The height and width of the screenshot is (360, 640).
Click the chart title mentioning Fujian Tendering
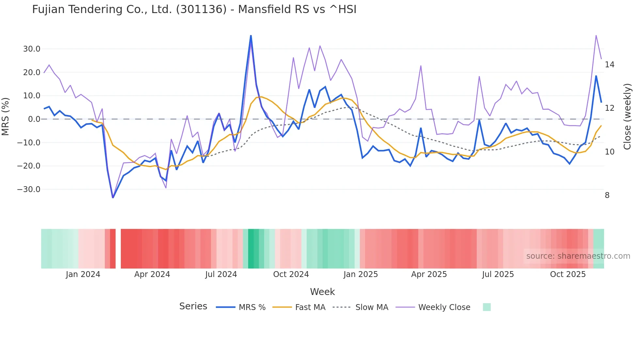coord(194,9)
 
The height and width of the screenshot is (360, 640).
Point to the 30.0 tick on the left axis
coord(31,49)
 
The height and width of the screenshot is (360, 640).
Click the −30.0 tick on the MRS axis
coord(29,189)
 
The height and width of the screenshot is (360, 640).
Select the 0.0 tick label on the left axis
coord(34,119)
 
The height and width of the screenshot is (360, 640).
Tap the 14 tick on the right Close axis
coord(609,65)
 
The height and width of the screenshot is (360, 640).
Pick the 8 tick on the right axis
coord(607,195)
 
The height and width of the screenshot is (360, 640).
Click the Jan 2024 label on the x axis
coord(83,274)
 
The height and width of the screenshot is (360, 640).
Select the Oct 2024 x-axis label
coord(291,274)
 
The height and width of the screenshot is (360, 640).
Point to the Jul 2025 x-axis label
coord(498,274)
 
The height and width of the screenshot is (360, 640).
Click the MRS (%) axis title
coord(6,116)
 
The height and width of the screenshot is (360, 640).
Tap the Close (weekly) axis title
coord(627,117)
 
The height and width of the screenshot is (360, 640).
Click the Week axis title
coord(322,292)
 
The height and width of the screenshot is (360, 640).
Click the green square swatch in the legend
coord(487,307)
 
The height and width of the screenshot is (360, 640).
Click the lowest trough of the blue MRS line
coord(113,198)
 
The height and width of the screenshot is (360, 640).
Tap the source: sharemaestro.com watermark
coord(578,256)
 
